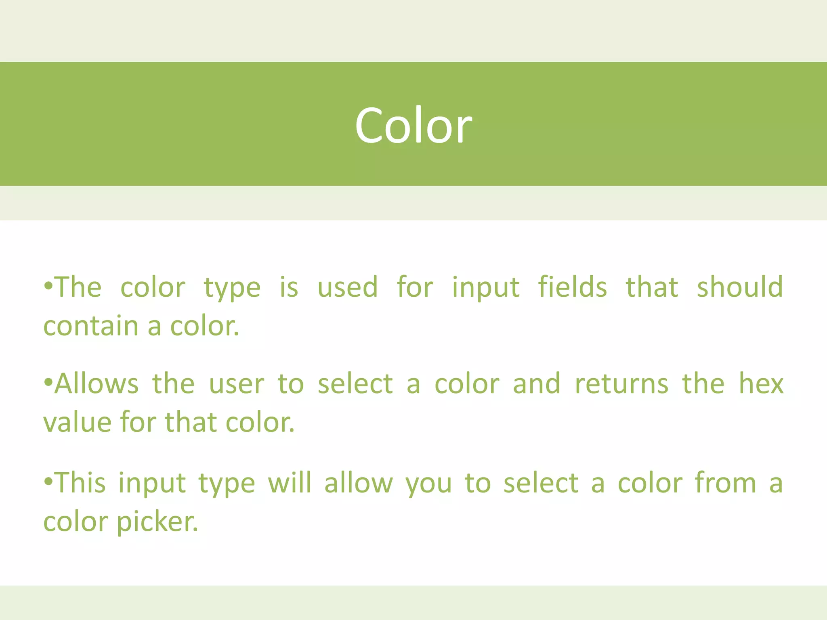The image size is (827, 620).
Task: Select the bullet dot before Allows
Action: coord(48,382)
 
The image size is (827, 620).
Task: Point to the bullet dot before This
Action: coord(48,482)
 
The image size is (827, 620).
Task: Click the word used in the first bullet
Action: coord(348,287)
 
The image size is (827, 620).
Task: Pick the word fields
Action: coord(572,287)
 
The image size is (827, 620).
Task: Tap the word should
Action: coord(740,287)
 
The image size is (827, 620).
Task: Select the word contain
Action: coord(91,326)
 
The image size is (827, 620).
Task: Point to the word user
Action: coord(237,384)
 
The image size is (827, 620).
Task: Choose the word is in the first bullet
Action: coord(289,287)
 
